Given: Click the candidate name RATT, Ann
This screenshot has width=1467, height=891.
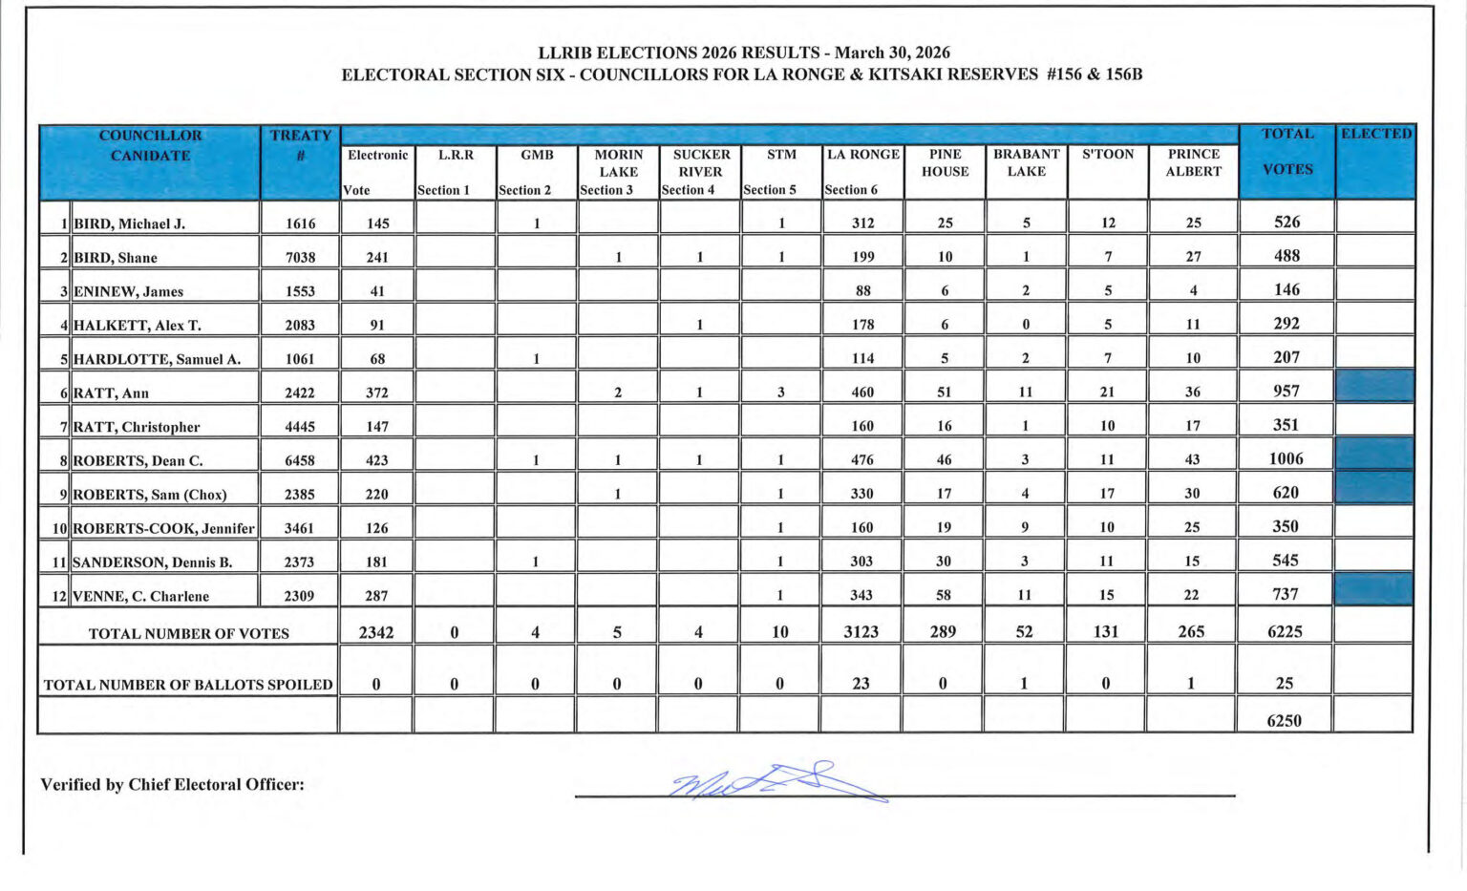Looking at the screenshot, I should (x=111, y=392).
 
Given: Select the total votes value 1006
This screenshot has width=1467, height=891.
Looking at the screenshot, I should (x=1286, y=458).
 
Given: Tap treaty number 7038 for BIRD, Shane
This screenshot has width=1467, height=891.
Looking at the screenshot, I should (x=300, y=257).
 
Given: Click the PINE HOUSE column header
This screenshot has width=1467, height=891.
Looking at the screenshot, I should (x=945, y=162).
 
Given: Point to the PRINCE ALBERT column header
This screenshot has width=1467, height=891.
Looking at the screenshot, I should (x=1193, y=162).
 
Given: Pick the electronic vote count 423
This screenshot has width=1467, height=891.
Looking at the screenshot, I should (x=377, y=459).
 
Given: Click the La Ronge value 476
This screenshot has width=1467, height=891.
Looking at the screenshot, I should (x=861, y=459).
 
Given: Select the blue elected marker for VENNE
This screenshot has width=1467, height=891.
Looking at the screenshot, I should (x=1373, y=589).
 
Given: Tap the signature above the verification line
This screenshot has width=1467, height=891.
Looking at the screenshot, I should (x=778, y=781).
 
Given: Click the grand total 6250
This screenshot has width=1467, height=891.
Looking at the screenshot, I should (x=1284, y=720).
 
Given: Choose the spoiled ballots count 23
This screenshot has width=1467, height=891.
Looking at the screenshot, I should (x=861, y=683).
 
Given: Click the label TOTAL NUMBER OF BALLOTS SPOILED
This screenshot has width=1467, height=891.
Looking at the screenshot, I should (x=188, y=684).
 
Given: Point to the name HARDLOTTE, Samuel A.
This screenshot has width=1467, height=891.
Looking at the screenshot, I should (x=157, y=359).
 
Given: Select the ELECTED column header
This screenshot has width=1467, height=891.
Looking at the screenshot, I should (x=1375, y=134).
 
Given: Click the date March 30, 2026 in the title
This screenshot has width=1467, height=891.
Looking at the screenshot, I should (x=892, y=53).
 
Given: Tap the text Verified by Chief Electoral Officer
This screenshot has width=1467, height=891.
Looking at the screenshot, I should (x=172, y=784).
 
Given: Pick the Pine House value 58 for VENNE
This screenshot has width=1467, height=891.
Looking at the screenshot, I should (x=944, y=594).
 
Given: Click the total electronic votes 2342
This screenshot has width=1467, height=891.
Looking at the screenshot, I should (x=376, y=631).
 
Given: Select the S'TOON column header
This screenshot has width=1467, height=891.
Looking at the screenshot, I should (x=1108, y=154).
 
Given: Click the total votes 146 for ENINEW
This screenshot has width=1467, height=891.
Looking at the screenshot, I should (x=1286, y=289).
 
